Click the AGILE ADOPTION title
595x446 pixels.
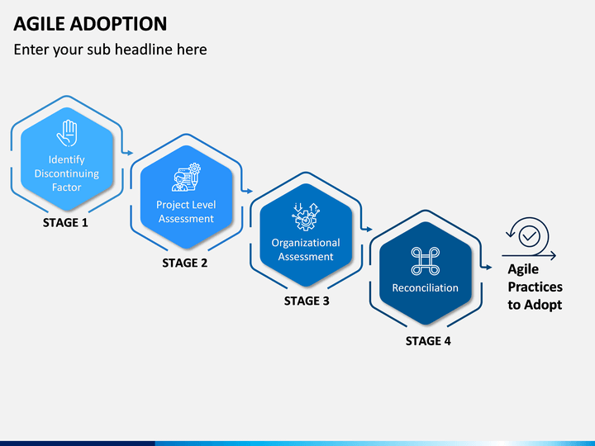tap(90, 23)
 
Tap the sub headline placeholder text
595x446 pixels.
tap(110, 50)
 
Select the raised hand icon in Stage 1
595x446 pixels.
tap(67, 133)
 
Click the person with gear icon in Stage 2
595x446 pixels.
tap(186, 177)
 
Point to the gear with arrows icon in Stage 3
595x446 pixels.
tap(306, 216)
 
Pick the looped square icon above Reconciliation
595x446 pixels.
tap(426, 261)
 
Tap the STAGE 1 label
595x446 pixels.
tap(65, 223)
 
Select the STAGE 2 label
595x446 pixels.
tap(185, 263)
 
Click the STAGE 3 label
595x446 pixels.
tap(307, 301)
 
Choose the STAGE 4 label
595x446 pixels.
tap(428, 341)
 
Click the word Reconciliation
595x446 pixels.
tap(426, 288)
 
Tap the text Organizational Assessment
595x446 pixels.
tap(306, 249)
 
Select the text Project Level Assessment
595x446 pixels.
tap(186, 211)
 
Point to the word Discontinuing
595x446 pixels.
tap(67, 173)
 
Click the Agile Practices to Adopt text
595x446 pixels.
tap(535, 287)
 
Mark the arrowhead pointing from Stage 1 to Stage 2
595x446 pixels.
tap(131, 153)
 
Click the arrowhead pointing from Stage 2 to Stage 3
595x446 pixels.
tap(250, 191)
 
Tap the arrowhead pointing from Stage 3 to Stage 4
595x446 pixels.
tap(369, 229)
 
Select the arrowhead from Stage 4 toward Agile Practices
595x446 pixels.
tap(488, 268)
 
